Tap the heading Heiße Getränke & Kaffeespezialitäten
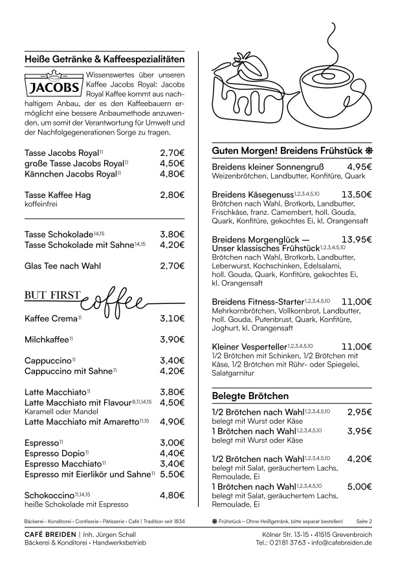(x=104, y=59)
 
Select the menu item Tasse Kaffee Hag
(x=58, y=195)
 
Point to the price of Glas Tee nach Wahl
(x=172, y=265)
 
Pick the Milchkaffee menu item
(x=46, y=340)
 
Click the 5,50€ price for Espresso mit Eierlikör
(x=172, y=474)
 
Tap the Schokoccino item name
(x=49, y=495)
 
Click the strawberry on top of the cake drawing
(x=251, y=67)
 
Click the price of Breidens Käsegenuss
(x=357, y=194)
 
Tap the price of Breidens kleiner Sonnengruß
(x=359, y=167)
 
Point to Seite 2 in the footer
(x=365, y=521)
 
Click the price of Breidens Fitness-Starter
(x=357, y=301)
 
